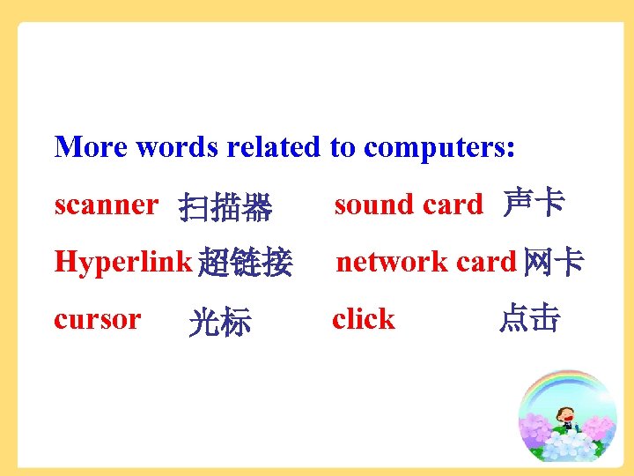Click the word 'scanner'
[106, 205]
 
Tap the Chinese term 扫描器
[225, 209]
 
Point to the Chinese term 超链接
[245, 263]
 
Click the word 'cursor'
[97, 319]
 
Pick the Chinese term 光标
[220, 323]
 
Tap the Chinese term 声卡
[534, 204]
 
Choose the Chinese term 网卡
[552, 262]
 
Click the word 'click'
[364, 319]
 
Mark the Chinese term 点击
[528, 319]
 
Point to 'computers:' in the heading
[439, 147]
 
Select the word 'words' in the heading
[178, 146]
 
